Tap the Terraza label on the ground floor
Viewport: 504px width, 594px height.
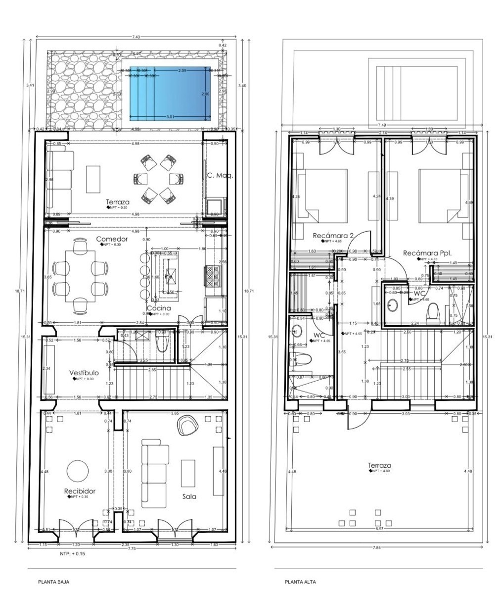click(118, 202)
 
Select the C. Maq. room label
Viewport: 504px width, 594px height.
click(220, 175)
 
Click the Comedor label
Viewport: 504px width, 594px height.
click(112, 239)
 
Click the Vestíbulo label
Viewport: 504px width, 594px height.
click(84, 372)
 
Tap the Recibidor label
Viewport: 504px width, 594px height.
click(79, 491)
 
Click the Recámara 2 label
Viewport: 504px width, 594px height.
click(333, 236)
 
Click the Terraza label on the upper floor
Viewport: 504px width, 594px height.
click(379, 465)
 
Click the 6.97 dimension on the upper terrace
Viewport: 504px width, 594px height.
click(379, 529)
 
